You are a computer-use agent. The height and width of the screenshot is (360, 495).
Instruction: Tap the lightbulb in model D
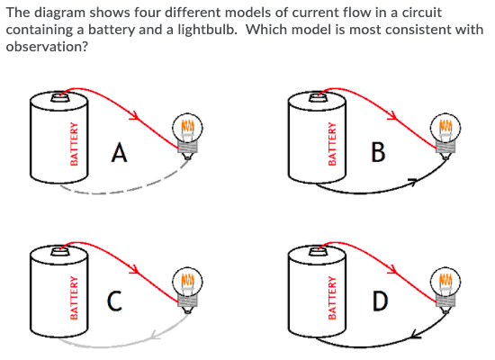pyautogui.click(x=447, y=281)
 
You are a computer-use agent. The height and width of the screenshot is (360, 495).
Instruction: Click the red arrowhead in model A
pyautogui.click(x=136, y=116)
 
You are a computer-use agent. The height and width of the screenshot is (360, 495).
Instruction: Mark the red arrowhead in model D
pyautogui.click(x=395, y=268)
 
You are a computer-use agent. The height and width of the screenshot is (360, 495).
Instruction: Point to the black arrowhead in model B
pyautogui.click(x=413, y=184)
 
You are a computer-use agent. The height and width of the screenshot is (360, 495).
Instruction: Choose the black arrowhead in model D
pyautogui.click(x=415, y=335)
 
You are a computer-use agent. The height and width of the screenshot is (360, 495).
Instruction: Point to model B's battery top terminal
pyautogui.click(x=319, y=99)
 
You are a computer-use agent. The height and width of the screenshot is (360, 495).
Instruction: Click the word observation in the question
pyautogui.click(x=45, y=46)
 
